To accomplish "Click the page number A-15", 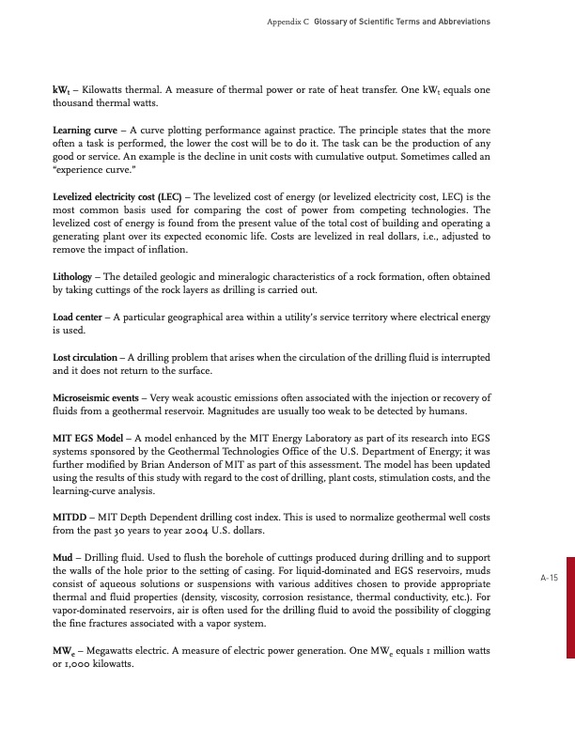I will (x=550, y=579).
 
